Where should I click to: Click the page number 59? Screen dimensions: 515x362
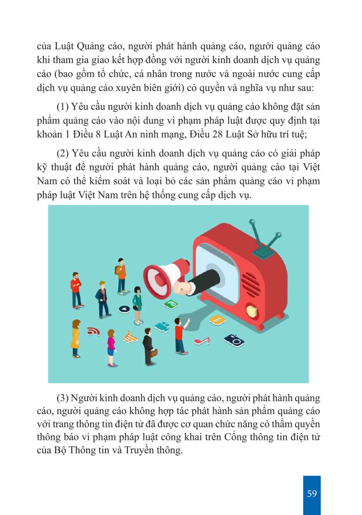tap(312, 493)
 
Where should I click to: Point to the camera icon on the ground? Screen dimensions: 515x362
tap(234, 340)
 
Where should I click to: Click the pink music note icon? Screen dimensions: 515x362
tap(202, 341)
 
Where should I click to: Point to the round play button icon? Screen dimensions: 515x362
tap(124, 309)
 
